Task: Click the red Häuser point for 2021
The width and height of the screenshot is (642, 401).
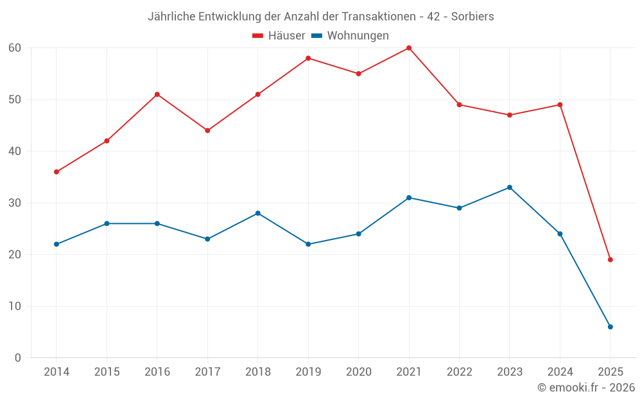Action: click(409, 48)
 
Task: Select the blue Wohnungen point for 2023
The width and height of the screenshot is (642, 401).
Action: click(510, 187)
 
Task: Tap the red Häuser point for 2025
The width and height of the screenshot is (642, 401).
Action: click(611, 260)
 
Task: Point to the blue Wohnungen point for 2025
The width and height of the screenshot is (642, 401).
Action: click(611, 327)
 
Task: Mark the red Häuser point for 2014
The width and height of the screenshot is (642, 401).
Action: click(56, 172)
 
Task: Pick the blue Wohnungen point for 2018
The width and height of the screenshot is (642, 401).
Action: click(258, 213)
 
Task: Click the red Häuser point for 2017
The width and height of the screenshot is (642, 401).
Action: click(207, 130)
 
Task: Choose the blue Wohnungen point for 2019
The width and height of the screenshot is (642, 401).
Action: click(308, 244)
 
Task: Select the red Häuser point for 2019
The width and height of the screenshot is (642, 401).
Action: click(308, 58)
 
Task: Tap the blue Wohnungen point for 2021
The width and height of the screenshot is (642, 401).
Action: click(409, 198)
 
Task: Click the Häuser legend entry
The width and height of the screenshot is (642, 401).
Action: click(279, 36)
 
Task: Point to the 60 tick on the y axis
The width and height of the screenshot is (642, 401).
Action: click(15, 48)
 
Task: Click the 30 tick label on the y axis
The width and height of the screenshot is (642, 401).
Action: click(15, 203)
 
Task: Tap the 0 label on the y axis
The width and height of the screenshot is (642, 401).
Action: click(18, 358)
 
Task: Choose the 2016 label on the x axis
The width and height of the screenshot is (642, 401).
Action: click(157, 372)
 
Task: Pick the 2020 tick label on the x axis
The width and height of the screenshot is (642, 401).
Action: click(359, 372)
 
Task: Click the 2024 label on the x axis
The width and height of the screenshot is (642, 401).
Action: click(560, 372)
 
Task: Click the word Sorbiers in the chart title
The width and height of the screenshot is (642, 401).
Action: click(473, 17)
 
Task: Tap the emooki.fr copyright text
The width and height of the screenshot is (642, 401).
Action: click(586, 388)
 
